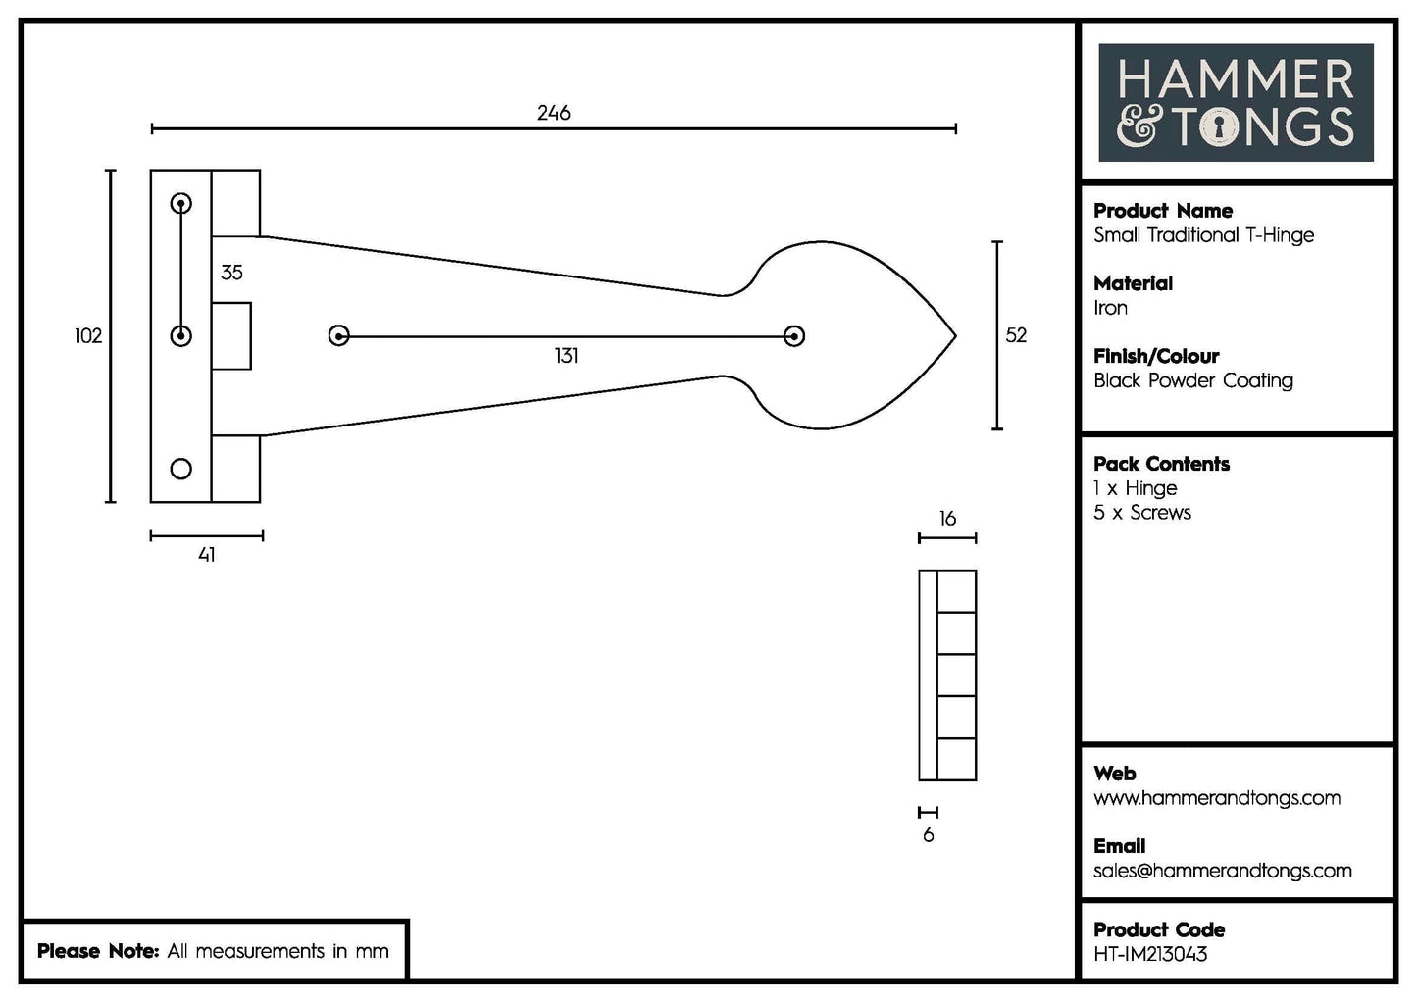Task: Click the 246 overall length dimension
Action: [x=553, y=113]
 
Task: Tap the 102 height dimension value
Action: [x=88, y=336]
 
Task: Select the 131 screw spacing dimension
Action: [x=566, y=356]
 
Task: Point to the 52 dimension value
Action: [x=1016, y=335]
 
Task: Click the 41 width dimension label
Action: [x=206, y=555]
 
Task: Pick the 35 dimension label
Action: [x=231, y=273]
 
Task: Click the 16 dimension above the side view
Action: [x=947, y=519]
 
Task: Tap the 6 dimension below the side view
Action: [x=928, y=835]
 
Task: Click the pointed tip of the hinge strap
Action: [x=953, y=336]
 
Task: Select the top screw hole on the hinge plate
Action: [x=181, y=204]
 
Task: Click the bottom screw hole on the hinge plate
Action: [x=181, y=469]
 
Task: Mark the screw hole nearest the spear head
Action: [x=794, y=336]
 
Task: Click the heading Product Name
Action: [x=1163, y=211]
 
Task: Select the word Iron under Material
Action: [x=1110, y=308]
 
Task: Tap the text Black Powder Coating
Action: [x=1192, y=380]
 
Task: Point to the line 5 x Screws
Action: [x=1141, y=513]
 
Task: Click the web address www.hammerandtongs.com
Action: [x=1216, y=798]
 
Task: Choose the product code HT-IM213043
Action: [x=1150, y=954]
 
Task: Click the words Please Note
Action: [x=97, y=951]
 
